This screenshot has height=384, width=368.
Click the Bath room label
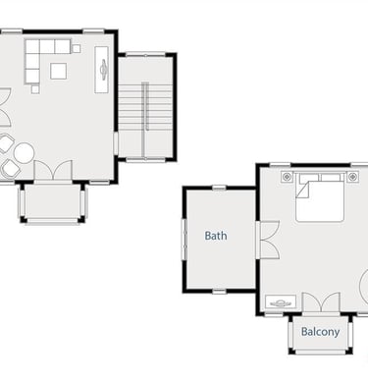[216, 236]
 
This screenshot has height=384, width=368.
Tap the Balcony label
[320, 332]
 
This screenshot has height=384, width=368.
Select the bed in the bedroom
[320, 197]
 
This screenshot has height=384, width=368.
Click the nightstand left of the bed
[287, 177]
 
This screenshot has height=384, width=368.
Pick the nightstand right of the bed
[352, 177]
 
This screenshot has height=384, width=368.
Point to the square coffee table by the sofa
[59, 71]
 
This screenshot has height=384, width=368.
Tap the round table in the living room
[24, 153]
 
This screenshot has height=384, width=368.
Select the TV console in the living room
[101, 70]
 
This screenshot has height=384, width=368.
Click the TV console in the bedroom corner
[281, 302]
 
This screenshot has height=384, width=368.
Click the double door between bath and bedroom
[268, 240]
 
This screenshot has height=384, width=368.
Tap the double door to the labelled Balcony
[321, 302]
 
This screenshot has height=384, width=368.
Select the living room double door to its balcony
[53, 170]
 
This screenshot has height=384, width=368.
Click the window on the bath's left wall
[184, 240]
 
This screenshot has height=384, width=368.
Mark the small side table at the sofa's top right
[77, 49]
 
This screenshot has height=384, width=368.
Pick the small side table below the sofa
[35, 89]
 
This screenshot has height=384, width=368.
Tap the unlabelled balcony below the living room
[53, 201]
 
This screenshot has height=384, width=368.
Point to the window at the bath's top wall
[219, 188]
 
